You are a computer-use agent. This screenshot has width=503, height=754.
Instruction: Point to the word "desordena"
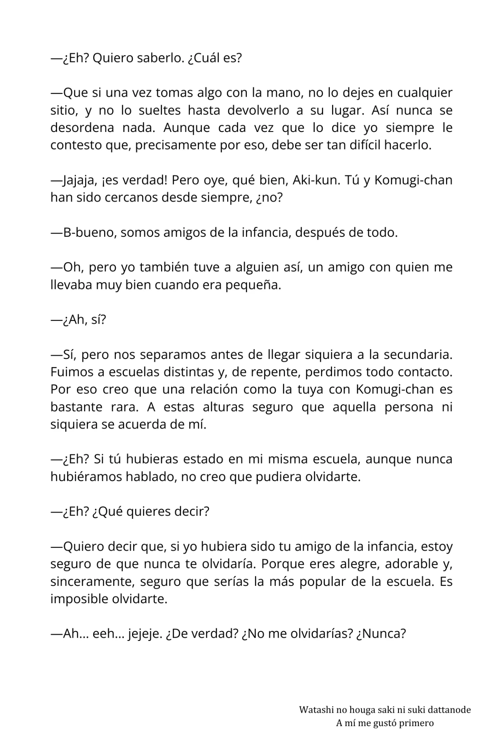pyautogui.click(x=82, y=128)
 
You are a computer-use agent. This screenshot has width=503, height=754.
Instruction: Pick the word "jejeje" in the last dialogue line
pyautogui.click(x=145, y=634)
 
